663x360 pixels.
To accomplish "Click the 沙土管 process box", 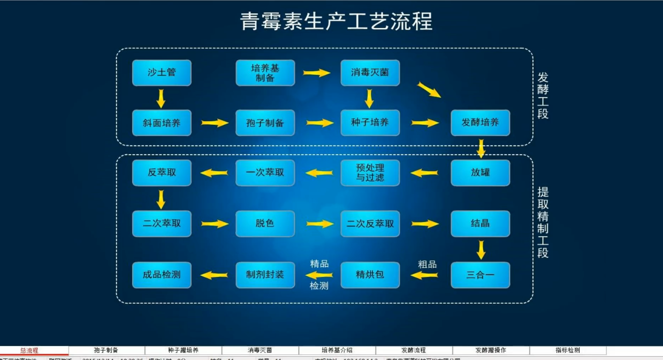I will point(161,72).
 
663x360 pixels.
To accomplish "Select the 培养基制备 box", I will point(265,72).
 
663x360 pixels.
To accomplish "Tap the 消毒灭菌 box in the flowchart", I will point(370,72).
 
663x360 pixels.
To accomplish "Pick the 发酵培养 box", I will point(480,123).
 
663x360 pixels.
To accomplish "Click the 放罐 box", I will point(480,173).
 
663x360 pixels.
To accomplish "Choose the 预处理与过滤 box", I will point(370,173).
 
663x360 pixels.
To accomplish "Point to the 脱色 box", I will point(265,223).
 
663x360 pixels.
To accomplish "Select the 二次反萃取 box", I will point(370,223).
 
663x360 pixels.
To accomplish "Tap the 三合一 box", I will point(480,275).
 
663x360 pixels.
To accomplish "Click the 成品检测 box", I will point(161,275).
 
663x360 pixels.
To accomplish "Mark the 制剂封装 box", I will point(265,275).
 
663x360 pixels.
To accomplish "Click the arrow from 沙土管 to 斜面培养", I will point(161,98).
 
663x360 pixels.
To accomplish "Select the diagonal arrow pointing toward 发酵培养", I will point(429,90).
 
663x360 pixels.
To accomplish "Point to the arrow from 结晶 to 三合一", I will point(481,250).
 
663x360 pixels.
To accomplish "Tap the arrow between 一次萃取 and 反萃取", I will point(214,173).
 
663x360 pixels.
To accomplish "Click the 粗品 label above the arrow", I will point(427,265).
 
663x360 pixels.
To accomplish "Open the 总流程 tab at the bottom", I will point(29,351).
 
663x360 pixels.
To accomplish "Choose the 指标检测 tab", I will point(568,350).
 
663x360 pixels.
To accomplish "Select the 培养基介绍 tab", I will point(337,350).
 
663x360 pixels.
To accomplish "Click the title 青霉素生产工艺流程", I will point(336,21).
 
